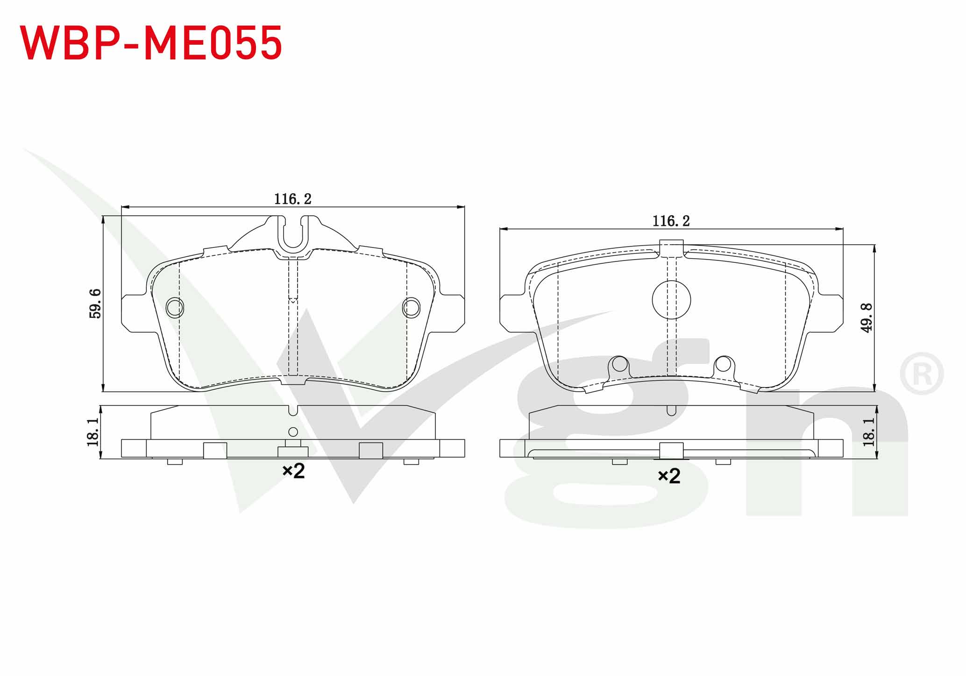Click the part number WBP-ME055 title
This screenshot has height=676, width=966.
[151, 43]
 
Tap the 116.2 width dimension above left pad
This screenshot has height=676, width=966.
[292, 199]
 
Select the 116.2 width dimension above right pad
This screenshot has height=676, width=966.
[671, 221]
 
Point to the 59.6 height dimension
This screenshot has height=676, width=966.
[95, 303]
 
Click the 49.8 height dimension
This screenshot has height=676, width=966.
[867, 317]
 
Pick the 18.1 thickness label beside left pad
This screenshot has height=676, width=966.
[93, 431]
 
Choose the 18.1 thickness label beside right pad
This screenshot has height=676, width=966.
[868, 431]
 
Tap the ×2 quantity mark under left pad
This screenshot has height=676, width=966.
[293, 471]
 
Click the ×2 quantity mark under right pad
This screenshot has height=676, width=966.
[669, 476]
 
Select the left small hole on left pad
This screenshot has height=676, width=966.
[175, 307]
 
